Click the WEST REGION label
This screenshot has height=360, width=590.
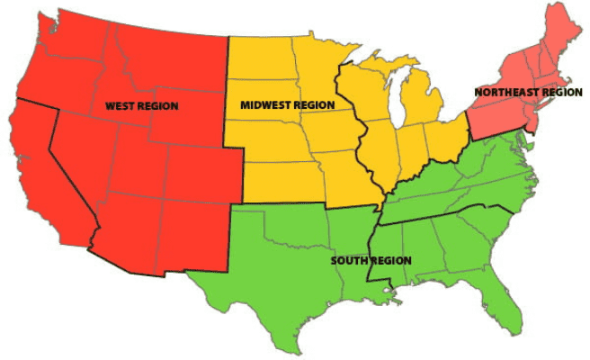141,106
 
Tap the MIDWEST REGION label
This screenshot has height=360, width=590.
287,105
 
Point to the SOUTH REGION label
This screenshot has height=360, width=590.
371,261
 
